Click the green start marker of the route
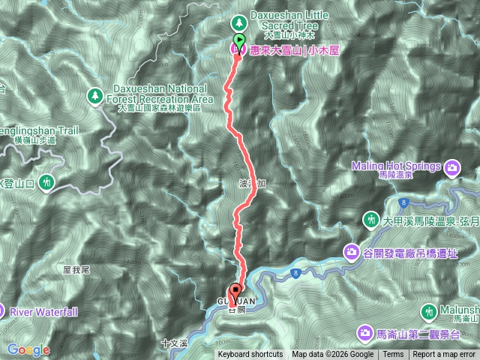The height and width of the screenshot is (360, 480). pyautogui.click(x=239, y=40)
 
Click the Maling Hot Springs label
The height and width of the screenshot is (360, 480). pyautogui.click(x=397, y=165)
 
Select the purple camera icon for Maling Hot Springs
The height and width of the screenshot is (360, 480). pyautogui.click(x=453, y=166)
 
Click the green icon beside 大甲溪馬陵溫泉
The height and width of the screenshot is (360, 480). pyautogui.click(x=370, y=219)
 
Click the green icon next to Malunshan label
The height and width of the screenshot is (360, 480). pyautogui.click(x=430, y=310)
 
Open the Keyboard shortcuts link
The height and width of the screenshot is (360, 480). pyautogui.click(x=250, y=355)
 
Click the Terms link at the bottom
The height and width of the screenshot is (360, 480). pyautogui.click(x=393, y=355)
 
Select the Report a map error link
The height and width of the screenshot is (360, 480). pyautogui.click(x=444, y=355)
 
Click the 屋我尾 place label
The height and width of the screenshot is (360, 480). pyautogui.click(x=76, y=268)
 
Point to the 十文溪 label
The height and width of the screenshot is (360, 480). pyautogui.click(x=174, y=343)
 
